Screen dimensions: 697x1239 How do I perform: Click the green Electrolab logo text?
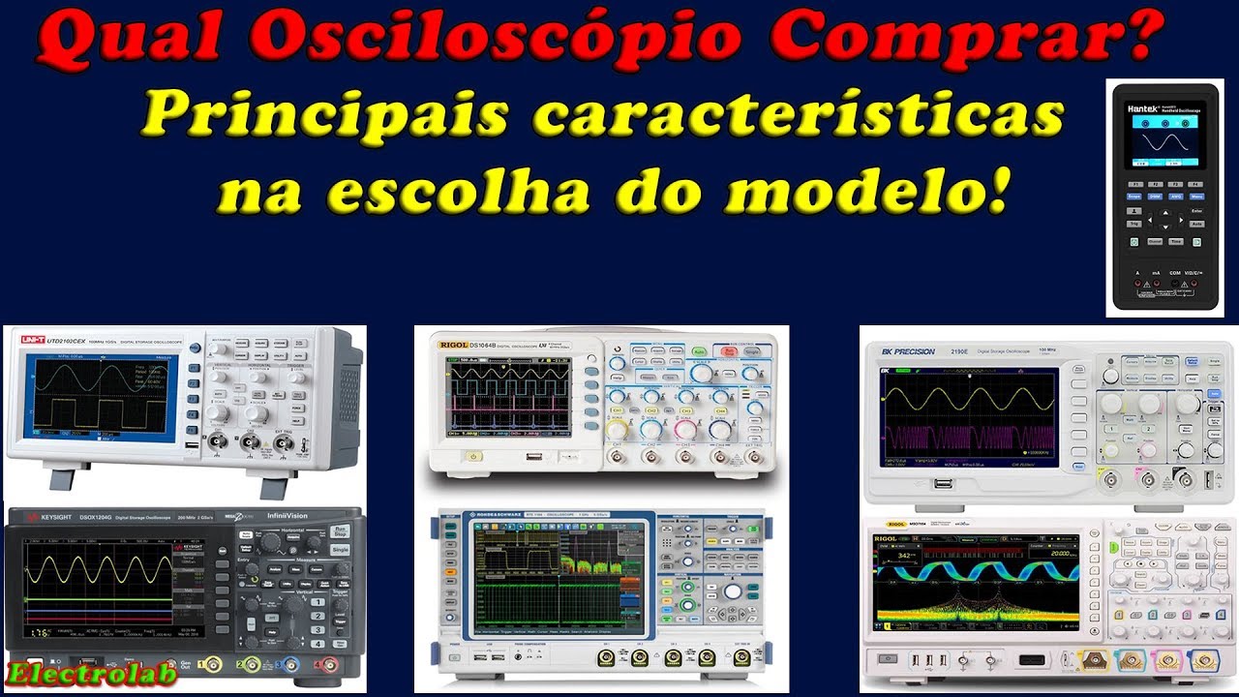pyautogui.click(x=66, y=674)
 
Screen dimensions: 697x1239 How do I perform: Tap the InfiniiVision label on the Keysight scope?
pyautogui.click(x=287, y=516)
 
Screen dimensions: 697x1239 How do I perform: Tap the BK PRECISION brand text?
pyautogui.click(x=908, y=351)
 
